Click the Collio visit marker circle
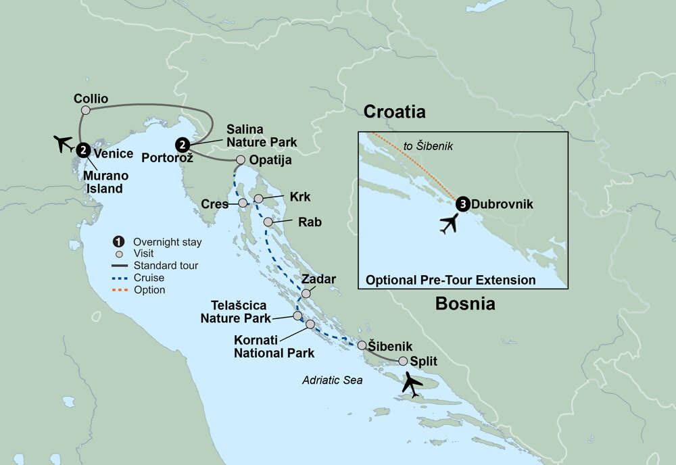[x=85, y=110]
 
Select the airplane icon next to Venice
[x=64, y=143]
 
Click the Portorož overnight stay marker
[x=181, y=144]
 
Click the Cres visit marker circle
[x=243, y=203]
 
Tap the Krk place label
[x=299, y=197]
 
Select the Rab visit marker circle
[x=268, y=222]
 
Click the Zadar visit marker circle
[x=306, y=293]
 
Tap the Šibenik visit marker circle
[x=362, y=345]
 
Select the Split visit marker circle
[x=404, y=361]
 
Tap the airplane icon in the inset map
[x=448, y=223]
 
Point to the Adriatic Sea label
[x=332, y=381]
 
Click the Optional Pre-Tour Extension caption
[x=451, y=280]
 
